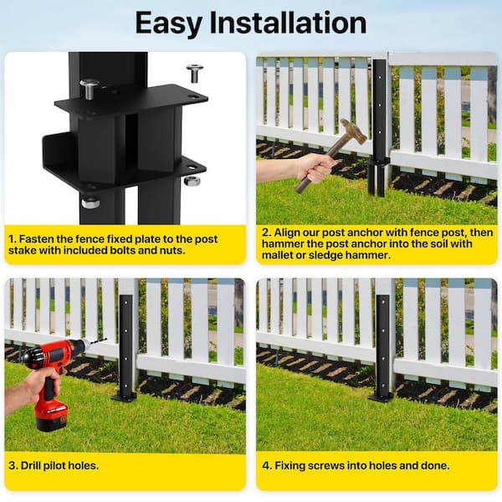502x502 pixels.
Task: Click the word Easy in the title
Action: pos(171,23)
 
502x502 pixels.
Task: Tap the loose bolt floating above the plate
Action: pos(195,73)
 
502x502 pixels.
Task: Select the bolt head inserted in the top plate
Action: pos(90,86)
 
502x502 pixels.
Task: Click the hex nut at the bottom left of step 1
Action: pos(90,202)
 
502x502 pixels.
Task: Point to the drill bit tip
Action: pos(105,341)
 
